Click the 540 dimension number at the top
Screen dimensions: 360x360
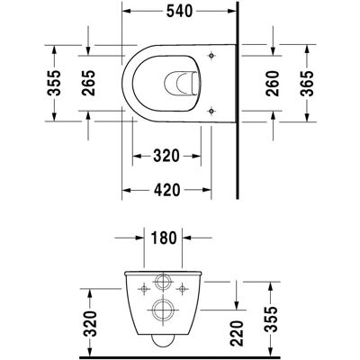179,12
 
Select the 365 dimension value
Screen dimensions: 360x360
307,84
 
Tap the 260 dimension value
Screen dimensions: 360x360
273,84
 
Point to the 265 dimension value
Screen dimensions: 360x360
88,83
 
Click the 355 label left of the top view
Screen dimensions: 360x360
54,83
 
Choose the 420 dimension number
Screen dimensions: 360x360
166,190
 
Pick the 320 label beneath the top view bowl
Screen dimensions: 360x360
166,156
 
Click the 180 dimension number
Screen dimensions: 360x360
164,238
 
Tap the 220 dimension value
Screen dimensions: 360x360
237,333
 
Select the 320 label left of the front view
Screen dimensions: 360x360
90,323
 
